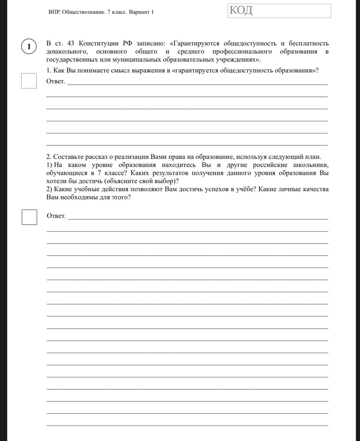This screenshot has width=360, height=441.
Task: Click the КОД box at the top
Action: pyautogui.click(x=279, y=11)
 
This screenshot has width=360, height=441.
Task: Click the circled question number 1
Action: pyautogui.click(x=29, y=47)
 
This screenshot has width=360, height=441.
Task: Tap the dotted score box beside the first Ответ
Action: pyautogui.click(x=29, y=81)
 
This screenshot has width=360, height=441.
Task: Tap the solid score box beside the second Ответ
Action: pyautogui.click(x=29, y=217)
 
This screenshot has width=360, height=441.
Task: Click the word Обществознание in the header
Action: pyautogui.click(x=84, y=12)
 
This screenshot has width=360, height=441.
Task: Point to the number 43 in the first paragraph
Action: pyautogui.click(x=71, y=43)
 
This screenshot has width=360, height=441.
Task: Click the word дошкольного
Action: pyautogui.click(x=66, y=52)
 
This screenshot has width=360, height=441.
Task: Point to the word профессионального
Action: pyautogui.click(x=242, y=52)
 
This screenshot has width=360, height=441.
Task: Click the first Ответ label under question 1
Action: pyautogui.click(x=55, y=81)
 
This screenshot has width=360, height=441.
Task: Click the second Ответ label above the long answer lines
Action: pyautogui.click(x=56, y=216)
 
